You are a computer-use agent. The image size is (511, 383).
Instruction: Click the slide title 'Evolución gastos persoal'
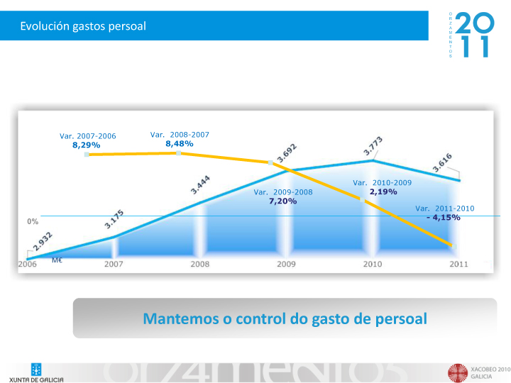pos(83,26)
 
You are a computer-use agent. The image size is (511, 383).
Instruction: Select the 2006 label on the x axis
pos(27,264)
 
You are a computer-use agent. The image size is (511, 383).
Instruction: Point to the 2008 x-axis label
pos(199,264)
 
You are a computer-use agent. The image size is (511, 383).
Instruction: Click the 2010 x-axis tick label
pos(373,264)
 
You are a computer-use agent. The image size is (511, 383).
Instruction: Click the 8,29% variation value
pos(87,145)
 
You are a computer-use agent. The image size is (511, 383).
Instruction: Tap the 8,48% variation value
pos(179,143)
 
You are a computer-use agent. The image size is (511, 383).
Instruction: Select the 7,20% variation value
pos(282,201)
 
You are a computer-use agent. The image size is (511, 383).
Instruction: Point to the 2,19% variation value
pos(383,191)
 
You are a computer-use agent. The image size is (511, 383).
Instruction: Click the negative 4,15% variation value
pos(444,217)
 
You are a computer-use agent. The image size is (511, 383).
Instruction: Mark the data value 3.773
pos(374,146)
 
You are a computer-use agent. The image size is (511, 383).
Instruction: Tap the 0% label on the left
pos(33,221)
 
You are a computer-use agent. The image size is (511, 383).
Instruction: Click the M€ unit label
pos(57,260)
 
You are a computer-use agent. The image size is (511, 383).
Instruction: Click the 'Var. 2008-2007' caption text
pos(180,134)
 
